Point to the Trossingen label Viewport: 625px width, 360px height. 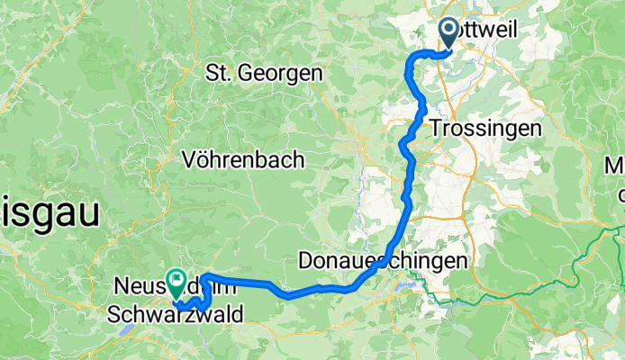tap(486, 128)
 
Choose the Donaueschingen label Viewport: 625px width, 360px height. tap(383, 261)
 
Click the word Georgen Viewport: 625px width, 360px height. tap(285, 72)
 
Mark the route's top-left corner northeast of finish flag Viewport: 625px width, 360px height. tap(204, 275)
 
